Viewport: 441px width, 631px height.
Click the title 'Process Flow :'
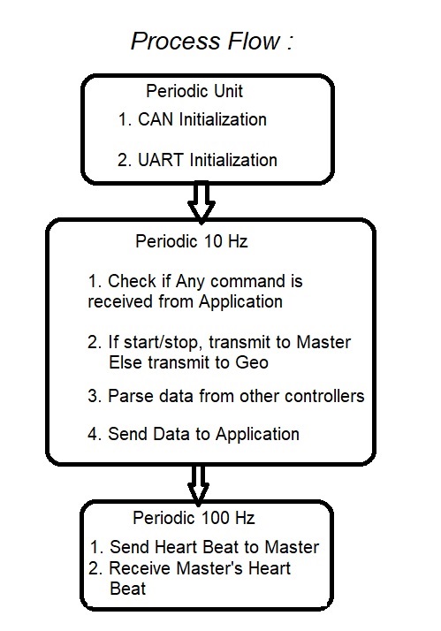pyautogui.click(x=212, y=42)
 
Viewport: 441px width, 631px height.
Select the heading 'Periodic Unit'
pyautogui.click(x=194, y=91)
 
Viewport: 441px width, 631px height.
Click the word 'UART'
pyautogui.click(x=161, y=160)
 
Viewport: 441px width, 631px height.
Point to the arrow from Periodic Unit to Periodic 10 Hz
pyautogui.click(x=201, y=202)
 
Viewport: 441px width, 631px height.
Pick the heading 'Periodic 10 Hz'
pyautogui.click(x=192, y=241)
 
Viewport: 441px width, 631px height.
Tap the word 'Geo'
pyautogui.click(x=252, y=362)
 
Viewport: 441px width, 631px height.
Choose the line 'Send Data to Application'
pyautogui.click(x=203, y=434)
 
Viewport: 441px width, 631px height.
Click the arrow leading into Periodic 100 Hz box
pyautogui.click(x=198, y=486)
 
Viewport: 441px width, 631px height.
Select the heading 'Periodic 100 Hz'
pyautogui.click(x=194, y=518)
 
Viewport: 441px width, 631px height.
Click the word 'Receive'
pyautogui.click(x=141, y=568)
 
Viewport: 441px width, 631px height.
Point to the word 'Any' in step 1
pyautogui.click(x=190, y=282)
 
